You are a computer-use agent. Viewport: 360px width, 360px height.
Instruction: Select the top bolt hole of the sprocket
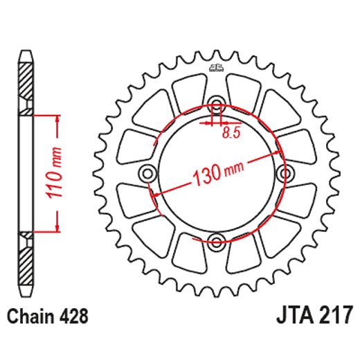point(217,105)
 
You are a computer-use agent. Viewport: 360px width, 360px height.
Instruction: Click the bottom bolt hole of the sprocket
point(217,242)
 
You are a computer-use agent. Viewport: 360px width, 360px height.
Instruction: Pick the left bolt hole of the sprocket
point(148,173)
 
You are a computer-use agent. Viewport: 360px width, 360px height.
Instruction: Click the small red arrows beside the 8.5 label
point(217,124)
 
